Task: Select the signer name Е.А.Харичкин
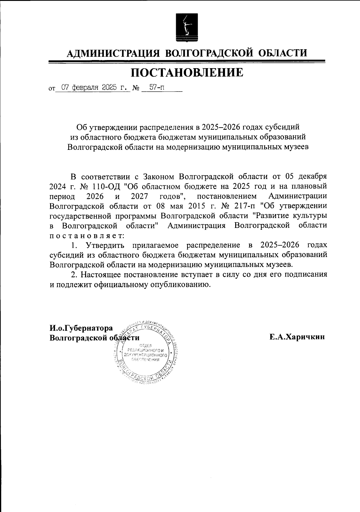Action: [x=297, y=337]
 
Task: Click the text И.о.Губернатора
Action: [x=81, y=328]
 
